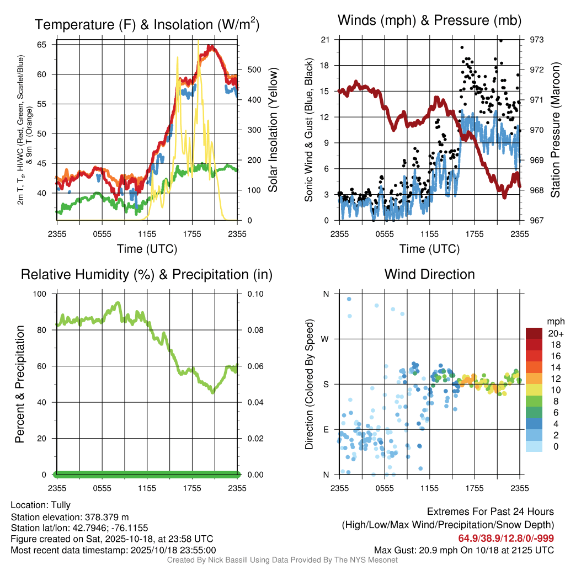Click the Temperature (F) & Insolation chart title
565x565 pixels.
point(147,24)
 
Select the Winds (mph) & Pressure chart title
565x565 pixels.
point(429,20)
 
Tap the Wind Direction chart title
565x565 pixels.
point(429,274)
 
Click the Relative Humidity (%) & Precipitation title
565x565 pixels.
point(147,274)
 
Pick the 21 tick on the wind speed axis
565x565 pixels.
point(325,40)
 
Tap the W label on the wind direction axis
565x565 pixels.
point(326,339)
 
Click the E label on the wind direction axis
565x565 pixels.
point(326,429)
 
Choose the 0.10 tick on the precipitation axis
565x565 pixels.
point(255,294)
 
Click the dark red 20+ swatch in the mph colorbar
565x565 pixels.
point(534,333)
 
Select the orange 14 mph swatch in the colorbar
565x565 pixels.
point(534,367)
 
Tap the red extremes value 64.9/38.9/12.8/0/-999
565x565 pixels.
point(506,539)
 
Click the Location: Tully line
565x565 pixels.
point(41,505)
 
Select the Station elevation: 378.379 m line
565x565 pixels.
point(70,517)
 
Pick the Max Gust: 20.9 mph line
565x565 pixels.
point(463,550)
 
